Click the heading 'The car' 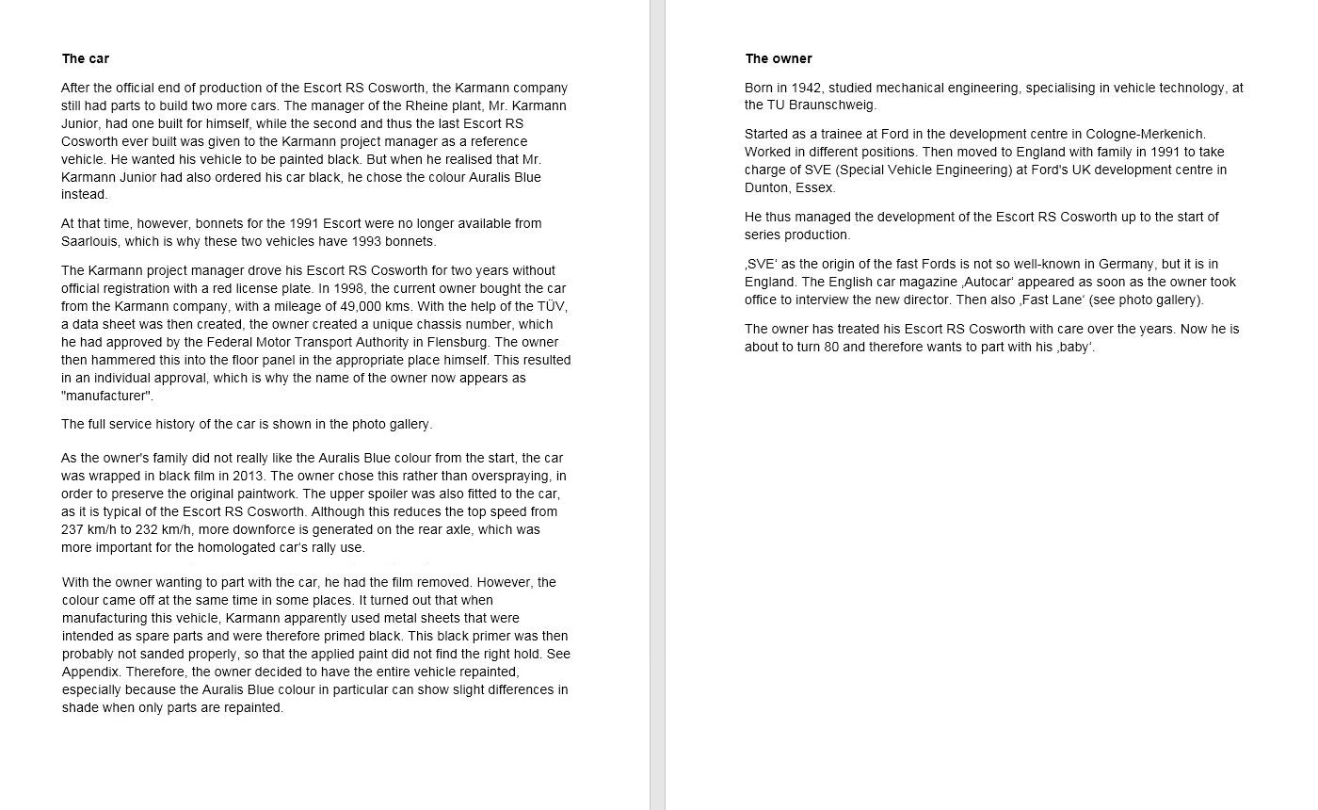(x=86, y=58)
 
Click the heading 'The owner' (x=779, y=58)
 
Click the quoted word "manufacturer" (x=107, y=396)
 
